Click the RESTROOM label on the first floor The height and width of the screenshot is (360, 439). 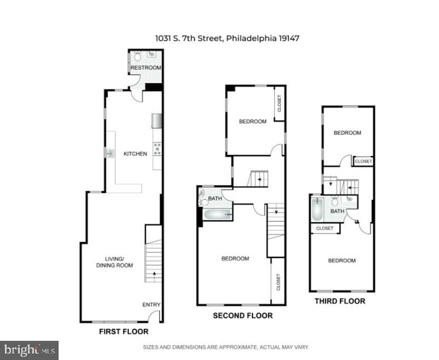coord(146,68)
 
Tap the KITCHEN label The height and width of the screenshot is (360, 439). coord(135,154)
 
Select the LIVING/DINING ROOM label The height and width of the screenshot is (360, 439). coord(115,262)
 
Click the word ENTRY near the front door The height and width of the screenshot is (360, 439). coord(151,305)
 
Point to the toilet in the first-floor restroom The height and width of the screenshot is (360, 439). coord(138,56)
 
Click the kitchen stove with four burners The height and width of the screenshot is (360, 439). coord(157,149)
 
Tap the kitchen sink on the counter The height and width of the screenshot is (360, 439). coord(110,153)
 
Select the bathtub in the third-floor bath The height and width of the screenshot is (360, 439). coord(317,209)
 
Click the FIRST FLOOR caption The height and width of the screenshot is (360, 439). coord(124,332)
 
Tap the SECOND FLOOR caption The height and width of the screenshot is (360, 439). coord(242,316)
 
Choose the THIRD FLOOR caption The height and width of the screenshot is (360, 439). coord(340,301)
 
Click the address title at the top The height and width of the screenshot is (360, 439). coord(228,38)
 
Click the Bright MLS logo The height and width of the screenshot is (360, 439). coord(29,350)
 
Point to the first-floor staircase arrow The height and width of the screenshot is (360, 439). coord(154,274)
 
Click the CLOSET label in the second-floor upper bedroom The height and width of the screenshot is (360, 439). coord(279,103)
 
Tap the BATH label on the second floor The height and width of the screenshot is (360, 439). coord(215,199)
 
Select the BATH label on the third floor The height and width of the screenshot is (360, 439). coord(337,211)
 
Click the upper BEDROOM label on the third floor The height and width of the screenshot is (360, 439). coord(347,132)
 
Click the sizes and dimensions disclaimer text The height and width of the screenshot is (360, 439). coord(226,347)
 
